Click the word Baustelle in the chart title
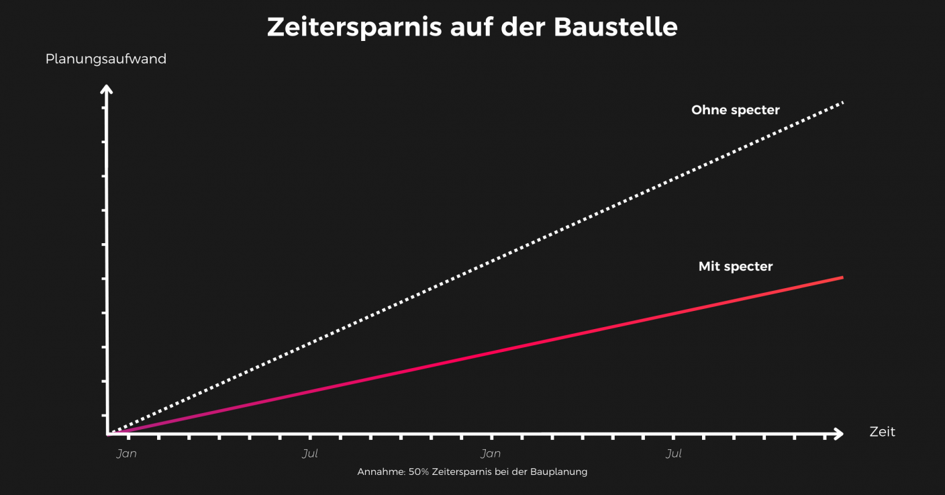tap(615, 27)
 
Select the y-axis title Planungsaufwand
tap(105, 59)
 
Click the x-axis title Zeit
tap(882, 432)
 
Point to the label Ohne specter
tap(735, 110)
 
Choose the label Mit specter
tap(735, 267)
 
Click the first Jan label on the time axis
tap(126, 453)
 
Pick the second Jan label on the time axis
tap(491, 453)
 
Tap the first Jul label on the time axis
tap(309, 453)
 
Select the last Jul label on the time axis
tap(673, 453)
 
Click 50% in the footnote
tap(419, 471)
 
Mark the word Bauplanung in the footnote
tap(558, 471)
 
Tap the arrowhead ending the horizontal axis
tap(838, 434)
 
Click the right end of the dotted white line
tap(841, 103)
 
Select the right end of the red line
tap(841, 277)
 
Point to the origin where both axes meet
tap(107, 434)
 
